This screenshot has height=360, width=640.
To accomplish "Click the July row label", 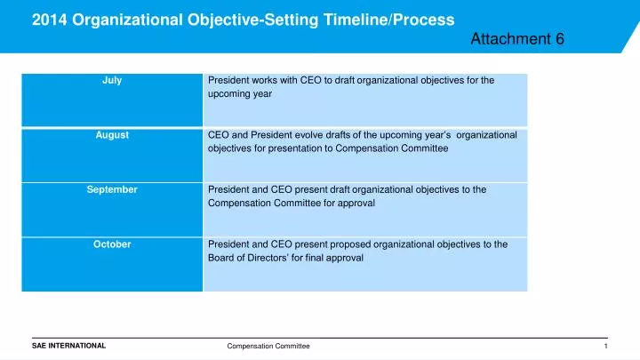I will tap(112, 80).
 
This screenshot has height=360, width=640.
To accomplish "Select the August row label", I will tap(112, 135).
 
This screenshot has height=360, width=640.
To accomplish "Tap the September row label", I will tap(112, 189).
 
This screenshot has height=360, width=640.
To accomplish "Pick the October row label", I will tap(112, 244).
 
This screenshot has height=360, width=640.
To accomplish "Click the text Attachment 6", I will tap(516, 38).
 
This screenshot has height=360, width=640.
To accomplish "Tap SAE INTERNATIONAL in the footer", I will tap(68, 345).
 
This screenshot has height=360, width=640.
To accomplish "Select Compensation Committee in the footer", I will tap(268, 346).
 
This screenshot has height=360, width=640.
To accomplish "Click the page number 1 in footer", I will tap(604, 346).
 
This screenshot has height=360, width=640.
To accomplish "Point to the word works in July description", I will tap(263, 80).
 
